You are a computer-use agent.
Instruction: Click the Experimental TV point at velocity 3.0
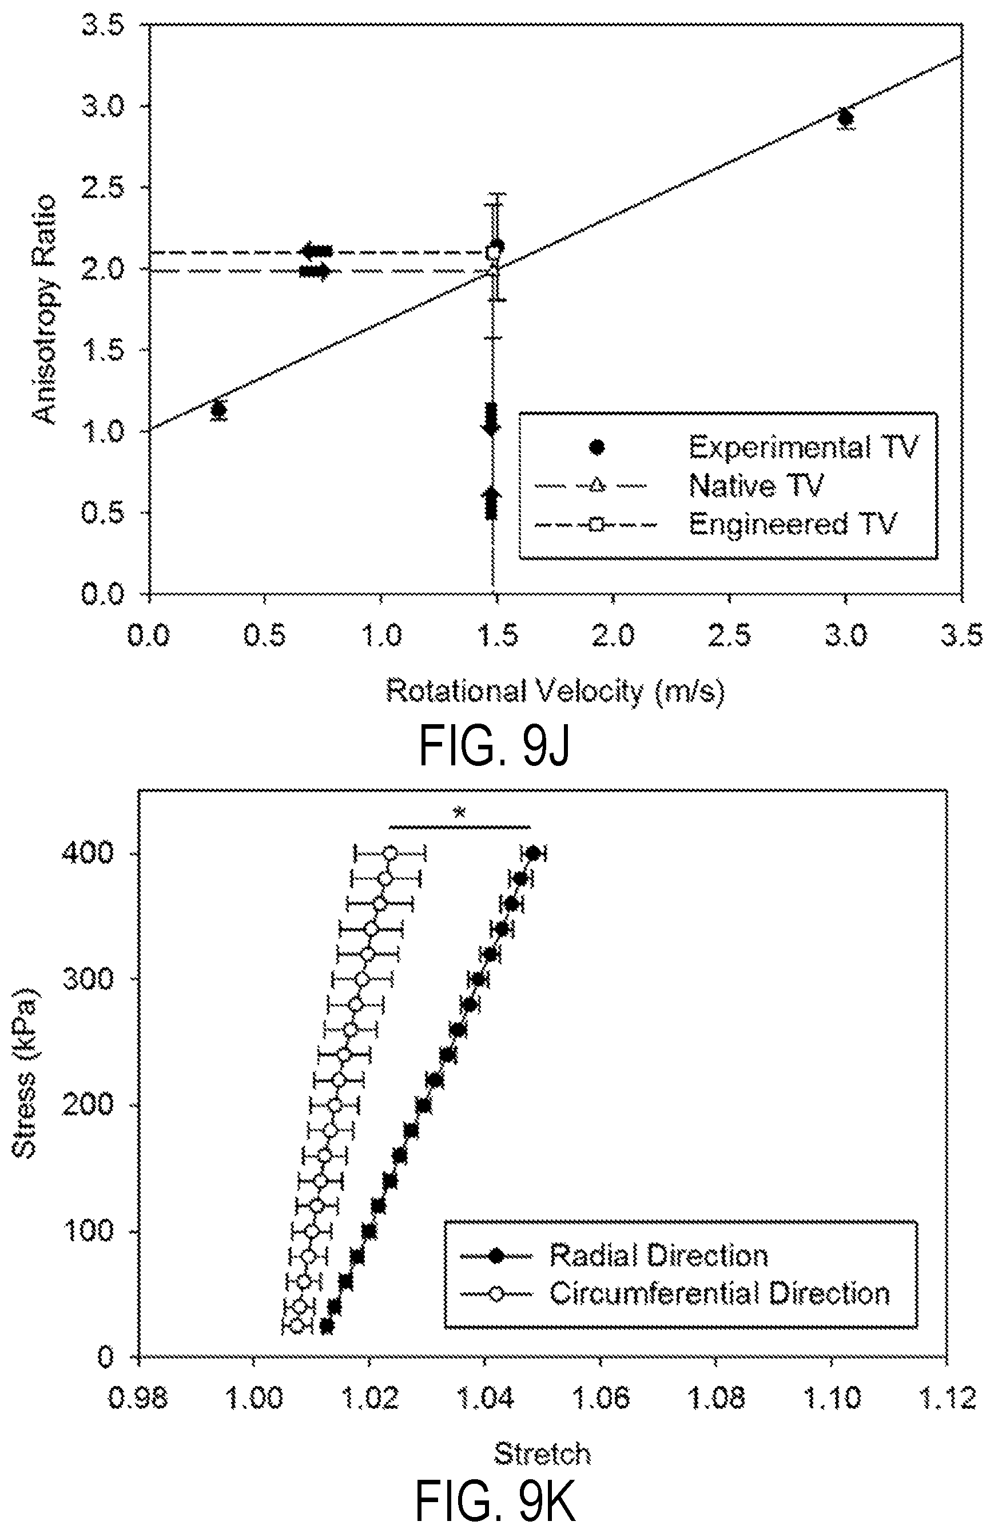(x=845, y=118)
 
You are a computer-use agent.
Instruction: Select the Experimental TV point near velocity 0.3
(x=219, y=409)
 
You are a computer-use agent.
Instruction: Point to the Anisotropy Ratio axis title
(x=45, y=309)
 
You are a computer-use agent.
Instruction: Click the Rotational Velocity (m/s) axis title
(x=555, y=691)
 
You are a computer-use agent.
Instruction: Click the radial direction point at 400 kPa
(x=533, y=854)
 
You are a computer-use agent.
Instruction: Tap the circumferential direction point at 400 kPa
(x=389, y=854)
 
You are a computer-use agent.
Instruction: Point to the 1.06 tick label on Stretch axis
(x=601, y=1399)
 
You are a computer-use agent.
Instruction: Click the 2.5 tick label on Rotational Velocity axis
(x=729, y=636)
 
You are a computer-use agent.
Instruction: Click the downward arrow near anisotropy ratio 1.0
(x=491, y=419)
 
